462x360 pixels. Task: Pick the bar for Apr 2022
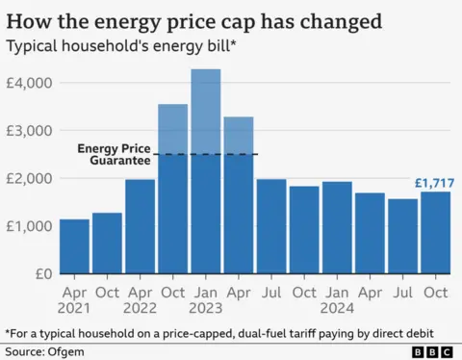coord(140,226)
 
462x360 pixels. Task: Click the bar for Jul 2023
coord(271,226)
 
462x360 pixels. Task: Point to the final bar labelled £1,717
coord(435,232)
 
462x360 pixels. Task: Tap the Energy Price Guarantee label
coord(115,154)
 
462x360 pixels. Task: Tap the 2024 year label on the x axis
coord(337,308)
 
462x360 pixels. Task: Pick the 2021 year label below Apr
coord(74,308)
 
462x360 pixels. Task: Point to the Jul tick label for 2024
coord(402,291)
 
